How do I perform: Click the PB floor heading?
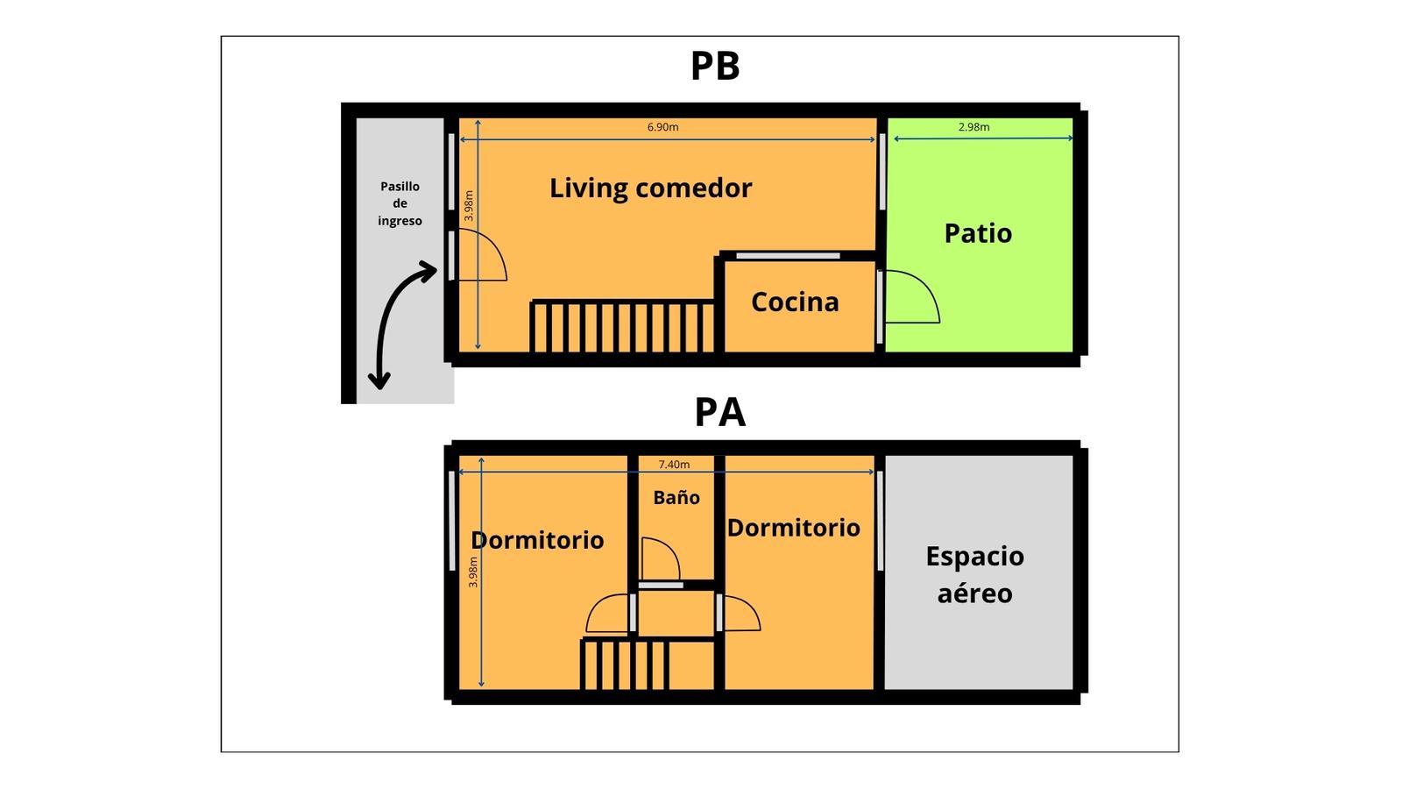tap(715, 66)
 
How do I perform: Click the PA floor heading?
tap(719, 412)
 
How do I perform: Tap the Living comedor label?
tap(650, 188)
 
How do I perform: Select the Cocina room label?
tap(795, 302)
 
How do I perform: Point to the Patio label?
tap(978, 233)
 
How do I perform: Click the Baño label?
tap(676, 497)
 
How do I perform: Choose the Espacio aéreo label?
tap(974, 574)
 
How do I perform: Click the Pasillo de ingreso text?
tap(400, 203)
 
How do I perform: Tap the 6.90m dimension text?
tap(662, 126)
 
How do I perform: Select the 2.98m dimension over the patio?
tap(974, 126)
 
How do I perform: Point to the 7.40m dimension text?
tap(674, 464)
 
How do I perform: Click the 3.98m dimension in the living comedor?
tap(469, 206)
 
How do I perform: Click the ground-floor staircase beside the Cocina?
tap(623, 326)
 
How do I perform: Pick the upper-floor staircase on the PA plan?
tap(625, 665)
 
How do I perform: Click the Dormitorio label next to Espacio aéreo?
tap(793, 528)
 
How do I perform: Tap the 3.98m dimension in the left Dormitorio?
tap(473, 572)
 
